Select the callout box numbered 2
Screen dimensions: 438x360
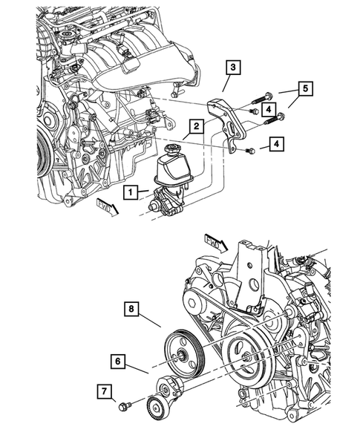[x=195, y=126]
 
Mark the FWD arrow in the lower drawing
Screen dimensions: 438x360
[x=215, y=241]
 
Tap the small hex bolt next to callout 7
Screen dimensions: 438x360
[x=124, y=406]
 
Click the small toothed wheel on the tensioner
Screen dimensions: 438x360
[x=157, y=405]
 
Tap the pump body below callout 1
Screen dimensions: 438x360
[x=166, y=208]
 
